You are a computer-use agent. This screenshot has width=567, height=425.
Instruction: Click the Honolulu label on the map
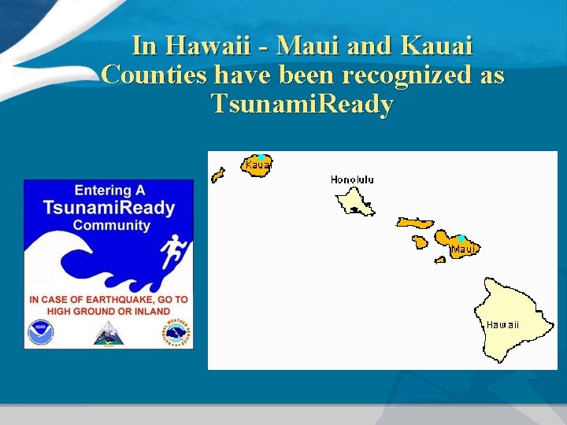352,179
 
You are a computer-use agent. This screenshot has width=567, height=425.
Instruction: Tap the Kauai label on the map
258,165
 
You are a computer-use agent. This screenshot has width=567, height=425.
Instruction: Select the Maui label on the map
464,249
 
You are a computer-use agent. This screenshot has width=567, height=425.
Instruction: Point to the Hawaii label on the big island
502,324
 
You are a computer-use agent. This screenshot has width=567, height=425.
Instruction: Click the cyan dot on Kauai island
261,158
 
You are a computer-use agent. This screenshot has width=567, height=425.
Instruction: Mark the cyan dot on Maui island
461,238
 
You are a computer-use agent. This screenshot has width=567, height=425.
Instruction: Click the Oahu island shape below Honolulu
354,201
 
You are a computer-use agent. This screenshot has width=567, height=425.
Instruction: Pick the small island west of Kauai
218,175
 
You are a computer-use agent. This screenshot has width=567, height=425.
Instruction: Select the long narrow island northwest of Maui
414,224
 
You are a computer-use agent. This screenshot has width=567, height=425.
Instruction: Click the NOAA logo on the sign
40,333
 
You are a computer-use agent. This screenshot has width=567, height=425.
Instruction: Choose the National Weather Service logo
177,333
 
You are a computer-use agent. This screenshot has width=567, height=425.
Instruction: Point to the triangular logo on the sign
108,334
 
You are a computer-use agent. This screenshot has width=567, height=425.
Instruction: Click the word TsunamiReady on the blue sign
109,208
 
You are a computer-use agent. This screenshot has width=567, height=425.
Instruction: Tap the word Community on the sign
111,225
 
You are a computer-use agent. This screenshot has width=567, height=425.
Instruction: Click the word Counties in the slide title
154,76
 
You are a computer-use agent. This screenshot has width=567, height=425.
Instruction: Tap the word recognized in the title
405,76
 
